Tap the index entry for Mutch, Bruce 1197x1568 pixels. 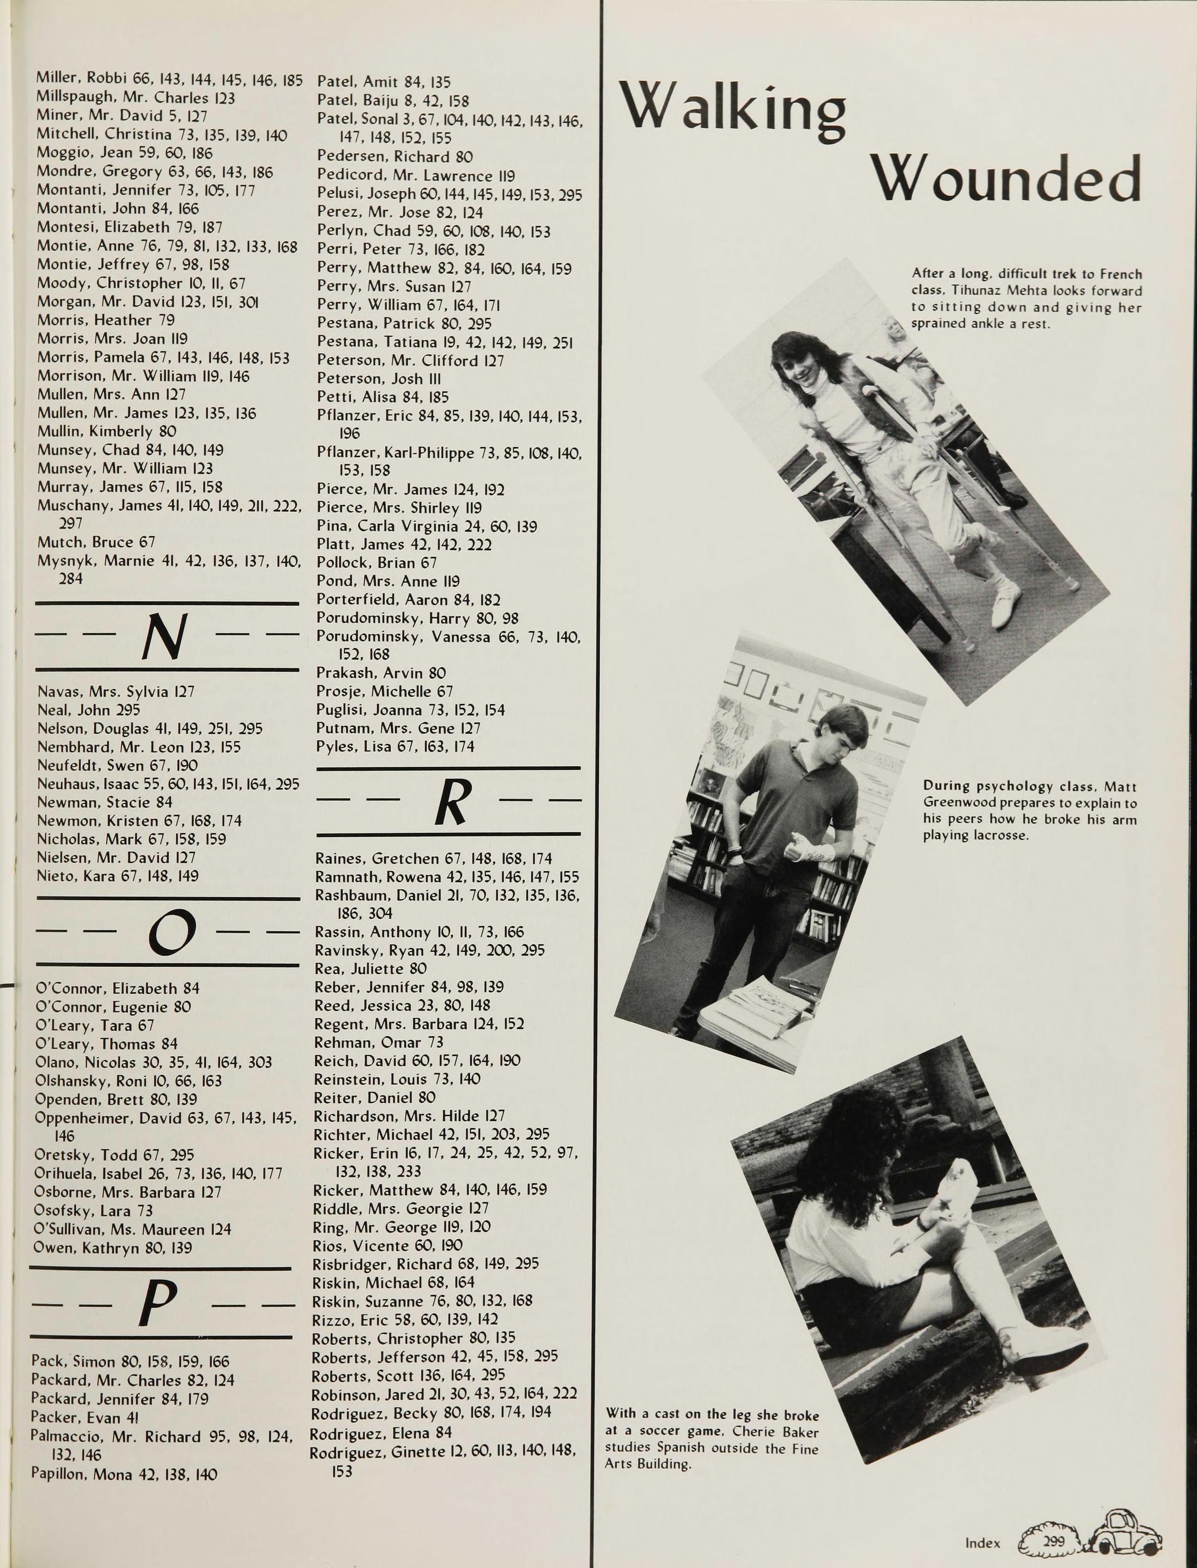click(96, 542)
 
